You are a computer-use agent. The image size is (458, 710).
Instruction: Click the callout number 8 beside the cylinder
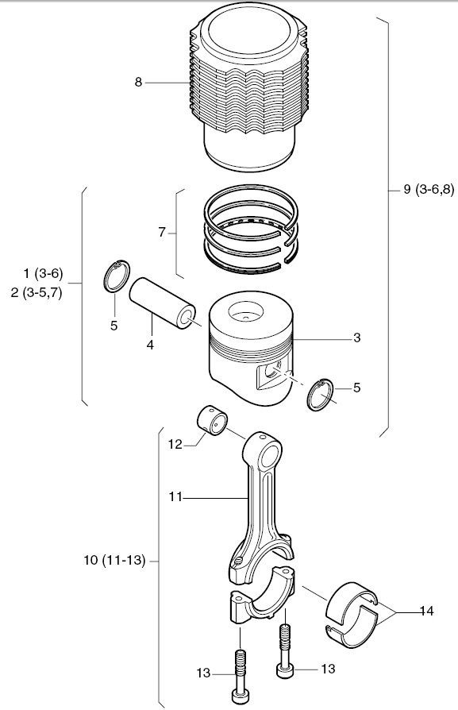coord(138,83)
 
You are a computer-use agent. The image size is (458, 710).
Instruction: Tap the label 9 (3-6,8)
coord(428,189)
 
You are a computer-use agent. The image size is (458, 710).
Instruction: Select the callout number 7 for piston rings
coord(162,232)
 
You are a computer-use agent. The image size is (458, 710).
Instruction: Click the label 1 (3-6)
coord(43,273)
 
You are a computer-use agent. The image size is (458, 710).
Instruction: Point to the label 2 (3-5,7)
coord(37,292)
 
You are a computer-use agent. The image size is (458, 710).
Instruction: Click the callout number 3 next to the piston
coord(357,338)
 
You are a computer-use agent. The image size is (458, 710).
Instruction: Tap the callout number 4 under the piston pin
coord(150,345)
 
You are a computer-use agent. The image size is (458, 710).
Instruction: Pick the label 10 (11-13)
coord(114,561)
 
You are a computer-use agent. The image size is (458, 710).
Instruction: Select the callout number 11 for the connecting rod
coord(175,497)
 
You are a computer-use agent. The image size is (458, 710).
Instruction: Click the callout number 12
coord(175,445)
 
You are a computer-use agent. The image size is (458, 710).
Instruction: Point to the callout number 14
coord(426,612)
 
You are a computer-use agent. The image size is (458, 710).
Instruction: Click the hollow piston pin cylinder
coord(162,303)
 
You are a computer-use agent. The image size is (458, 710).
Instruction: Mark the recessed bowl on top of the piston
coord(246,313)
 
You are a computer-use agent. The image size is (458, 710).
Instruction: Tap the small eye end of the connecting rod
coord(264,453)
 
